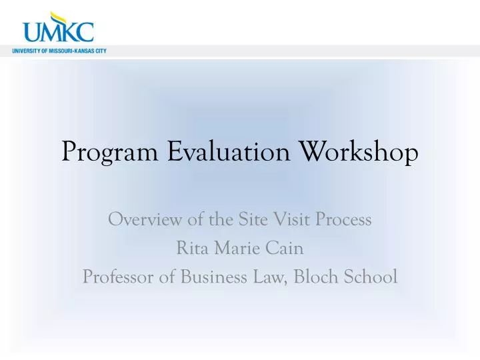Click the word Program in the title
110,153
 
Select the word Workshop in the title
361,153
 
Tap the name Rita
190,248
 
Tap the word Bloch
313,277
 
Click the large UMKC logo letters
58,32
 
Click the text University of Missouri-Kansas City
59,51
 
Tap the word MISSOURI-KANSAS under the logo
71,51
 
